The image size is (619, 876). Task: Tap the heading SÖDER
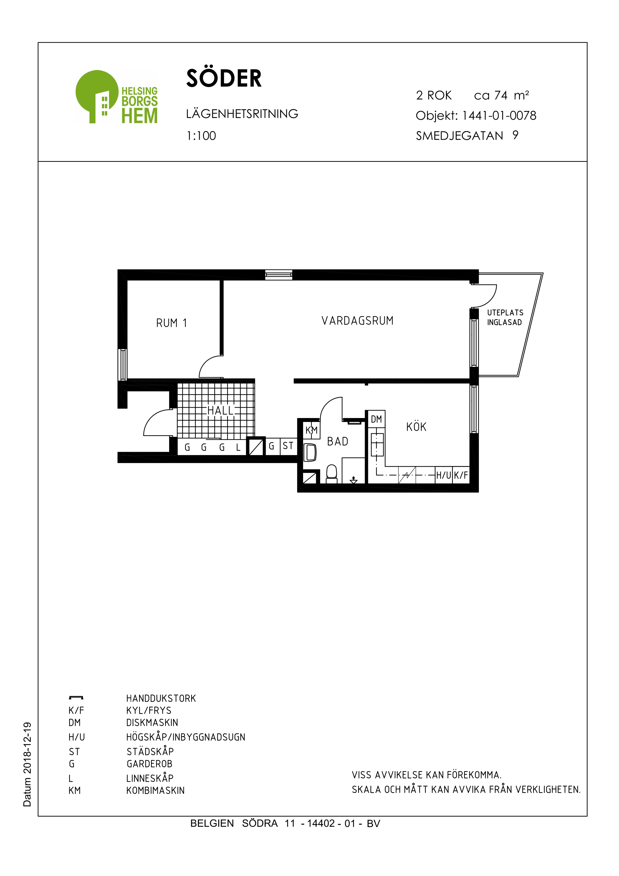[224, 79]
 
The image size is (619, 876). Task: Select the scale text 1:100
[201, 136]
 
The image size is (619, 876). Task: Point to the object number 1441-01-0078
[499, 116]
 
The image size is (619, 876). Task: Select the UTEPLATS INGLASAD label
[505, 317]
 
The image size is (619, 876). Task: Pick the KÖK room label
[416, 427]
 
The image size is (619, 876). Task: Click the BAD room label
[337, 441]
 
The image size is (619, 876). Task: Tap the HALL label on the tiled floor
[220, 411]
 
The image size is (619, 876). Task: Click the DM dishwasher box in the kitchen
[376, 419]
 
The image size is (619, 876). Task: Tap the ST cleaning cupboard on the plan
[288, 446]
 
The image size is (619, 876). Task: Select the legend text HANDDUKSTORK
[161, 699]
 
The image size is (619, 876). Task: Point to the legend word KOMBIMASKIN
[155, 791]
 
